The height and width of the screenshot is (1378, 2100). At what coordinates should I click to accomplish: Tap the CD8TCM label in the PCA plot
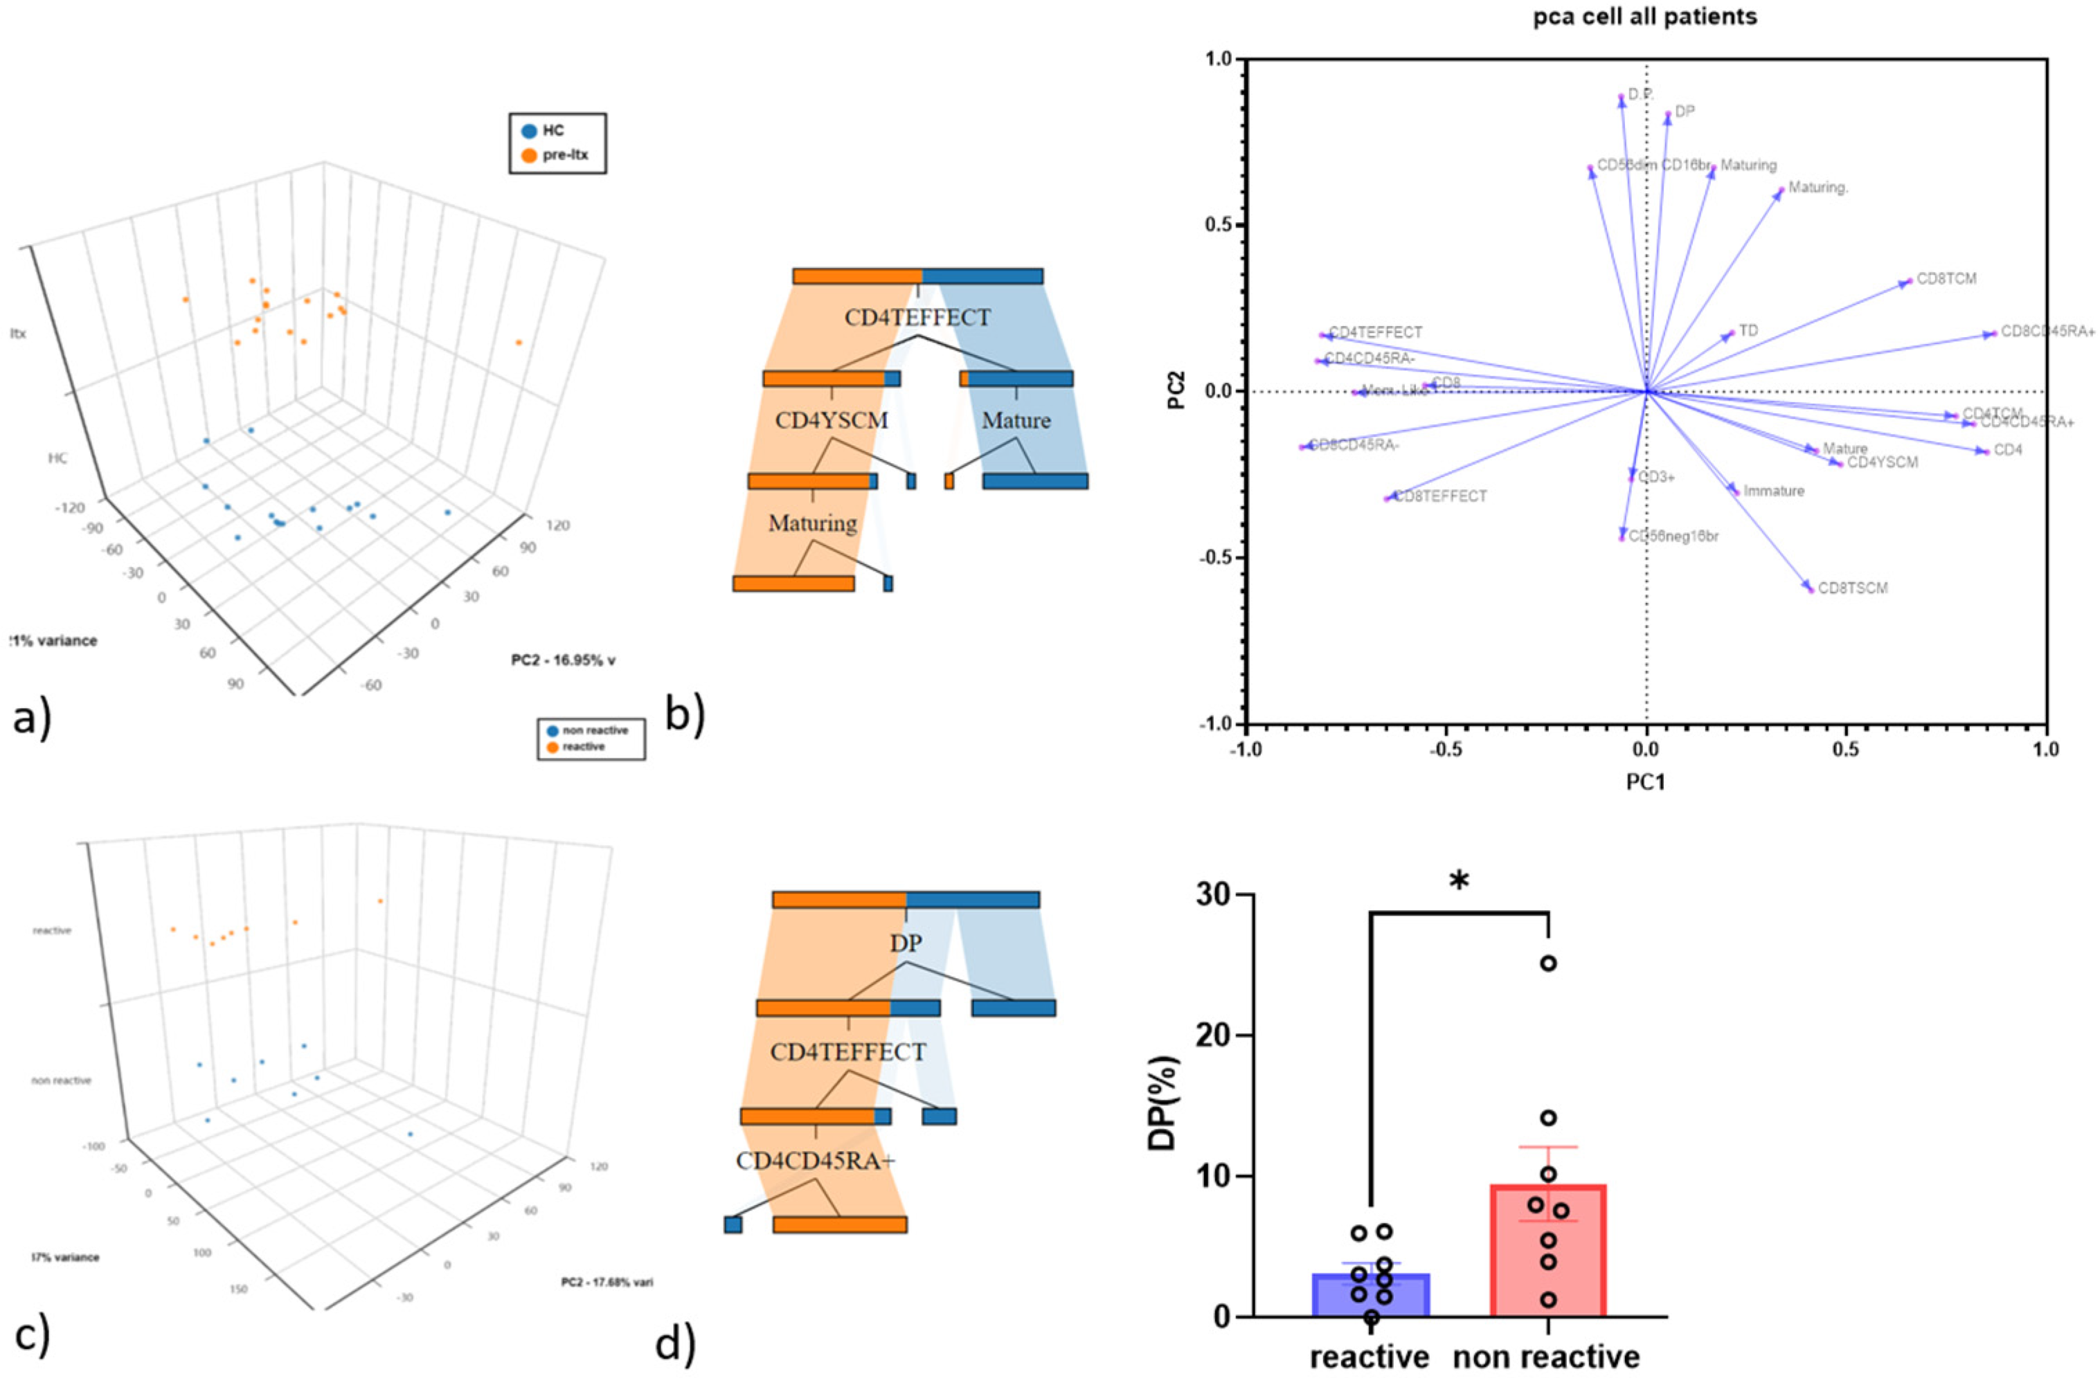[1946, 279]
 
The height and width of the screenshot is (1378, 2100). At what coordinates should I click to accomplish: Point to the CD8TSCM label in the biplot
[1853, 588]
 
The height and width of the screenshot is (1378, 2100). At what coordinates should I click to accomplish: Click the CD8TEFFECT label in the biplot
[1440, 497]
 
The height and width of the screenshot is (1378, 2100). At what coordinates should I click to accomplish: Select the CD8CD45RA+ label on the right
[2047, 332]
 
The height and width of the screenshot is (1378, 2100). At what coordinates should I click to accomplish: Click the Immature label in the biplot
[1773, 491]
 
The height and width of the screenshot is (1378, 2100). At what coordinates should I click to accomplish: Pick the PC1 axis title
[1646, 781]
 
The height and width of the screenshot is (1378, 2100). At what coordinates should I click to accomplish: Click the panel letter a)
[32, 720]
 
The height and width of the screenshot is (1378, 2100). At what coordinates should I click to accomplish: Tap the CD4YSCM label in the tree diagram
[831, 420]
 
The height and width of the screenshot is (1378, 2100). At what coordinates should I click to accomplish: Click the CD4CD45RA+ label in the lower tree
[816, 1161]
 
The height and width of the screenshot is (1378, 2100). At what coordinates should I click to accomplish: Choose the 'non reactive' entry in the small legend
[595, 730]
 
